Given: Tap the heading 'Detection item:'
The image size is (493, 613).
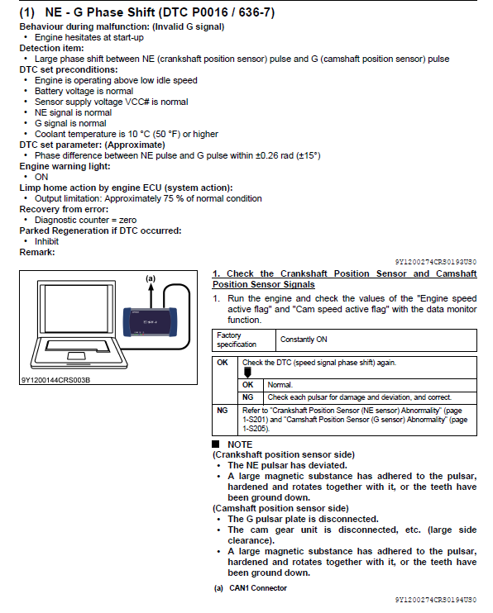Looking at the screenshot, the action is pos(51,48).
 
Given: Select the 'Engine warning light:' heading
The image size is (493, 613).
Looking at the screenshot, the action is pos(65,166).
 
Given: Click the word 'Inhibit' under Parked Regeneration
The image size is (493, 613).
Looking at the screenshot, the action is pos(46,241).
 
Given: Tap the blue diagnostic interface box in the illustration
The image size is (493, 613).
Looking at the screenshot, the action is pos(151,322).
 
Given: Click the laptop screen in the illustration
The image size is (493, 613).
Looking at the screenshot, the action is pos(76,306).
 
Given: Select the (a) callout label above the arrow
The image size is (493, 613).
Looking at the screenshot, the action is pos(151,278).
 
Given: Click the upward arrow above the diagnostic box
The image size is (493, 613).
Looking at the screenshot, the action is pos(151,295).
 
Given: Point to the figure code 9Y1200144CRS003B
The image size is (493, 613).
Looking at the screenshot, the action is pos(55,380).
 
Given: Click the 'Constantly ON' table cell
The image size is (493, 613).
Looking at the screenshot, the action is pos(304,340).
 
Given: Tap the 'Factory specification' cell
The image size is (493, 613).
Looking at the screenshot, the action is pos(237,340).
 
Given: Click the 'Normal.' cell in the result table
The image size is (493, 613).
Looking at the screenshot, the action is pos(280,385).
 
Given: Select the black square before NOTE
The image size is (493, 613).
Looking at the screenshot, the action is pos(215,444).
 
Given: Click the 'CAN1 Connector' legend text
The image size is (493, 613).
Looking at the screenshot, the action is pos(258,588).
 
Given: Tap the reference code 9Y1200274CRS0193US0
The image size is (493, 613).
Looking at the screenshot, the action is pos(435,262).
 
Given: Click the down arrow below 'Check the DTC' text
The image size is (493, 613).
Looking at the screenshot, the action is pos(247,373).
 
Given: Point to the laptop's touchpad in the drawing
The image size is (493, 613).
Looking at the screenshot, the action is pos(76,356).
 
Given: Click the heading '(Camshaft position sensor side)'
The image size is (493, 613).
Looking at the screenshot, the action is pos(280,508).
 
